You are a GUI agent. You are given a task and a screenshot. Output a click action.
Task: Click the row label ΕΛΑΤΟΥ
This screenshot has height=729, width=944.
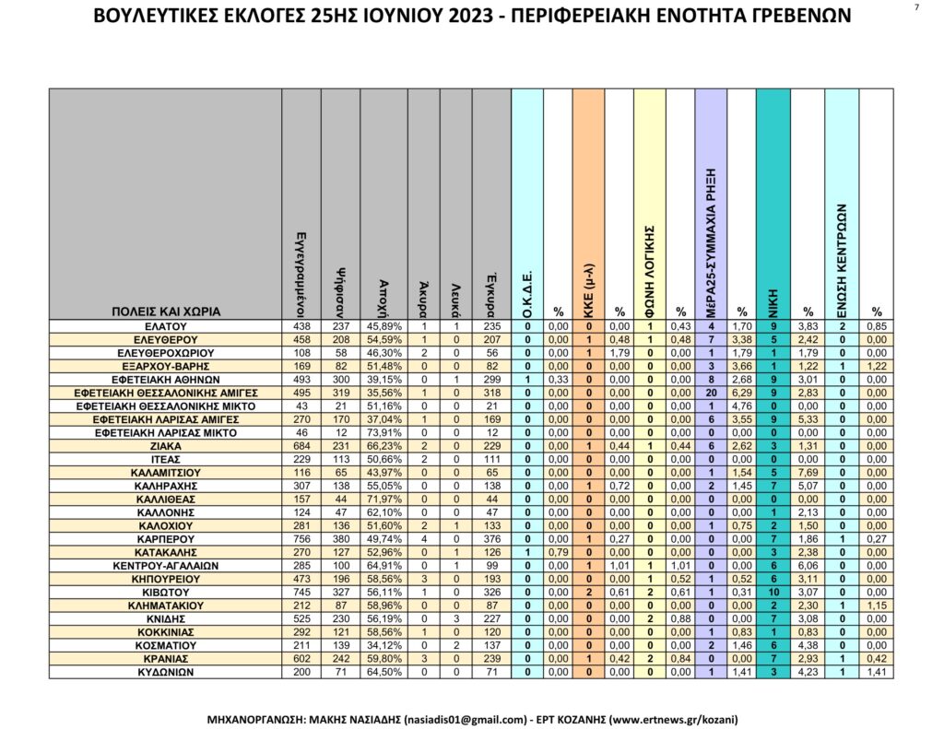pyautogui.click(x=166, y=326)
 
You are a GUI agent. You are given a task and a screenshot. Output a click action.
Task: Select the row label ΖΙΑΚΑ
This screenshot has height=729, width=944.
pyautogui.click(x=166, y=445)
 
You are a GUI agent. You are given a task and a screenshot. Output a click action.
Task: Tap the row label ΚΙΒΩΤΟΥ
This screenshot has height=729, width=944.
pyautogui.click(x=166, y=591)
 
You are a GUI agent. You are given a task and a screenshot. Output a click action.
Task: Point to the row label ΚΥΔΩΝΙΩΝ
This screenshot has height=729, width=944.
pyautogui.click(x=166, y=671)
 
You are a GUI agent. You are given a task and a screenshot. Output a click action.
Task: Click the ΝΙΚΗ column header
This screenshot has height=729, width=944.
pyautogui.click(x=773, y=300)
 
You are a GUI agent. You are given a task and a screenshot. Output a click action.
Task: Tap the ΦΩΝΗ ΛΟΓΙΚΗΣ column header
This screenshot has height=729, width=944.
pyautogui.click(x=650, y=267)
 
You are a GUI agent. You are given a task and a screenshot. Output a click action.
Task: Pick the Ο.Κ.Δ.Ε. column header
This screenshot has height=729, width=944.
pyautogui.click(x=526, y=291)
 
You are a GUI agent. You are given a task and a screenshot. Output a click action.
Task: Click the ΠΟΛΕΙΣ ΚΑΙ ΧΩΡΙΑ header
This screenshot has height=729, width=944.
pyautogui.click(x=166, y=312)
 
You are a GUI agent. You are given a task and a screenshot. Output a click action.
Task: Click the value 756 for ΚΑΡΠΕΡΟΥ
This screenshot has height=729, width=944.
pyautogui.click(x=301, y=538)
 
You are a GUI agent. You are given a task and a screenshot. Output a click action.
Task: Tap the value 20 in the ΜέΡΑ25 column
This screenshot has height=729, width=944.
pyautogui.click(x=712, y=393)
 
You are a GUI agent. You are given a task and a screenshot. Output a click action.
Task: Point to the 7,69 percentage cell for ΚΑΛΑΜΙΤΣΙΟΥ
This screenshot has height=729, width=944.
pyautogui.click(x=808, y=472)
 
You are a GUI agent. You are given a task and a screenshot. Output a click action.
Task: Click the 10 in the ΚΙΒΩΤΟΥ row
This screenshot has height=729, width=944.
pyautogui.click(x=773, y=591)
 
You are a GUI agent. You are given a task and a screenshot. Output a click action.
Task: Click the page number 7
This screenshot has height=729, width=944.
pyautogui.click(x=916, y=8)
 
